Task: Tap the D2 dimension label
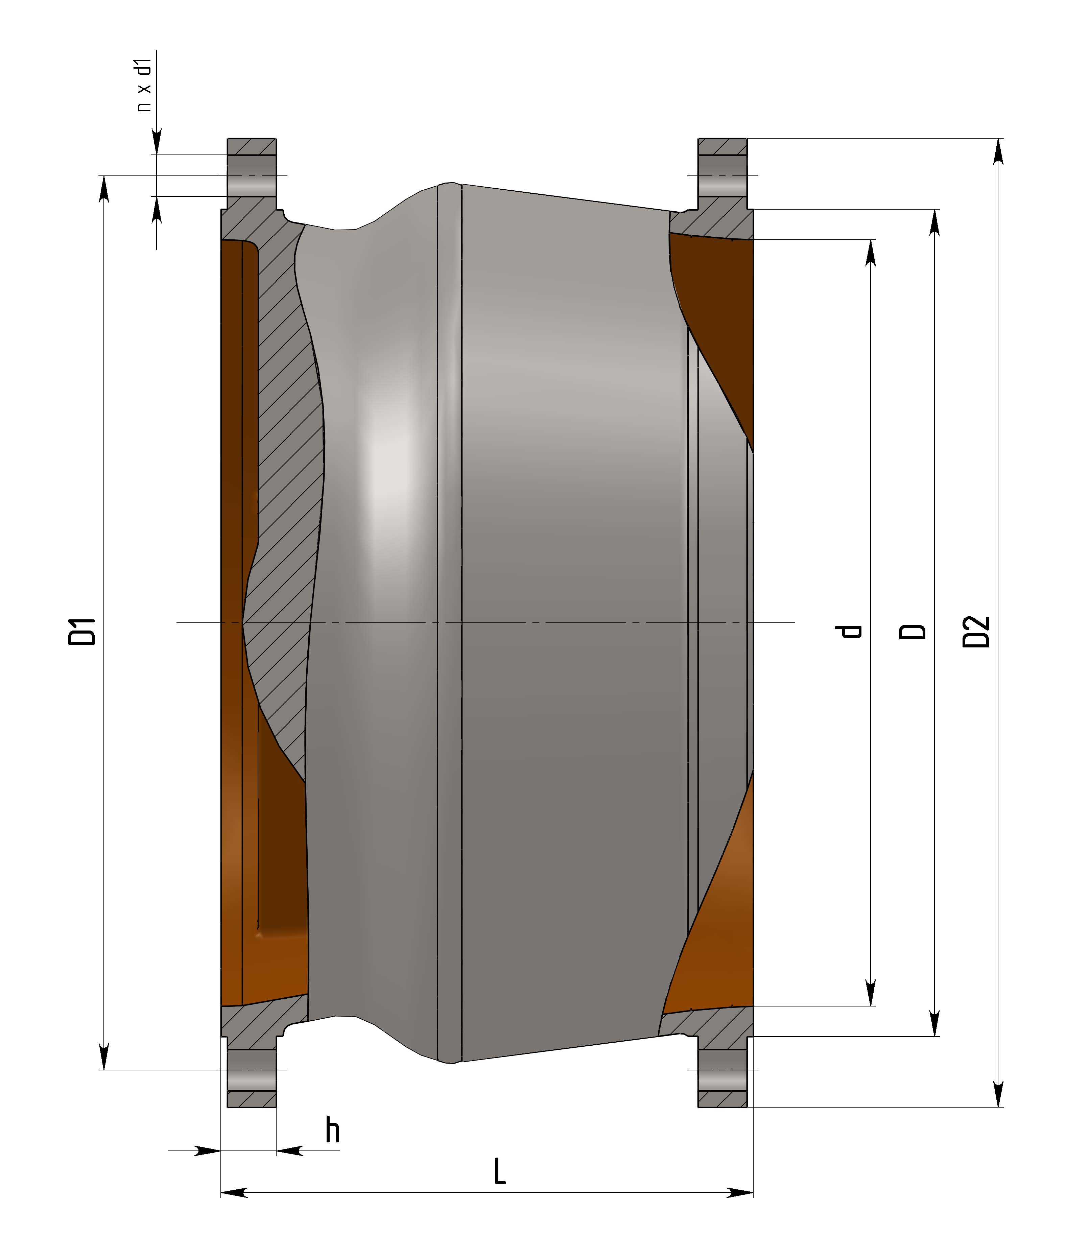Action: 976,632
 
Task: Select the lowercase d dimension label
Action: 849,632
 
